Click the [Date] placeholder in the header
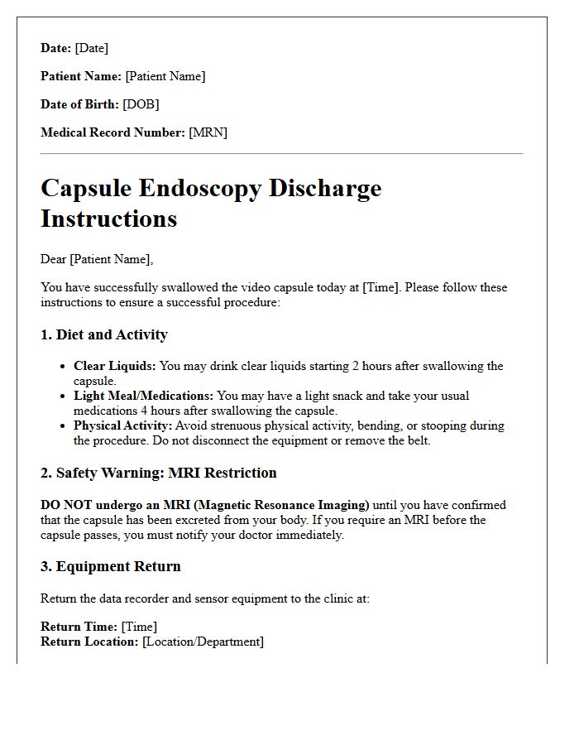pos(91,48)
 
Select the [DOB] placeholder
pos(141,104)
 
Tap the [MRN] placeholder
pos(208,132)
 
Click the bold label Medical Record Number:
pos(112,132)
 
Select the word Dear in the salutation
pos(54,259)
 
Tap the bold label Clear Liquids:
pos(114,366)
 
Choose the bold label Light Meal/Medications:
pos(143,396)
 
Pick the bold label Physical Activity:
pos(122,425)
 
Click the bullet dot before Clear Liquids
pos(64,366)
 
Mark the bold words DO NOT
pos(69,505)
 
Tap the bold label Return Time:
pos(79,627)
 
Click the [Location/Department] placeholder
pos(203,642)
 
